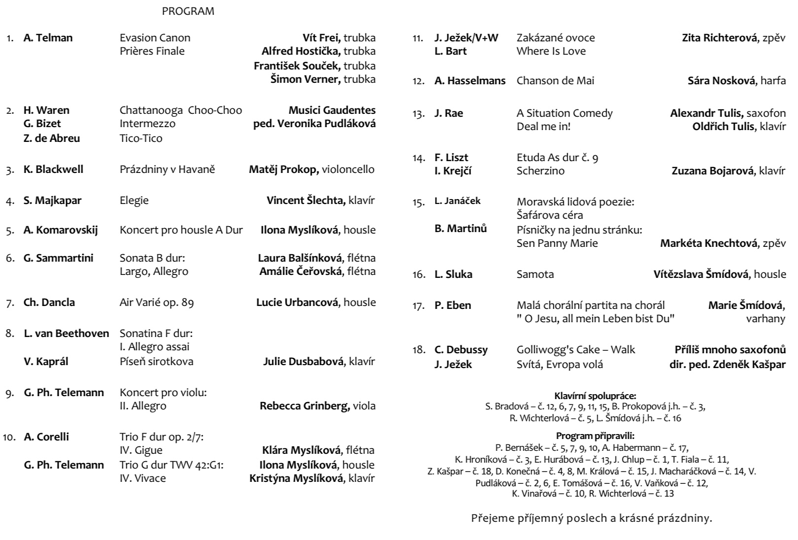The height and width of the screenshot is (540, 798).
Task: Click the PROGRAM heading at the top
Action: [x=188, y=11]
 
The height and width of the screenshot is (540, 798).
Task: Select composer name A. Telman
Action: [x=48, y=38]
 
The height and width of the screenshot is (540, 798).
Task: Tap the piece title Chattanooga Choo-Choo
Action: [x=181, y=110]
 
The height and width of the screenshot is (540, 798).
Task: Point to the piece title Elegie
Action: [x=134, y=201]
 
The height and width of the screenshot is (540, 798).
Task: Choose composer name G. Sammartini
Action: [x=58, y=258]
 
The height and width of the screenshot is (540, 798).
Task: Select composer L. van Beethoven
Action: [x=66, y=334]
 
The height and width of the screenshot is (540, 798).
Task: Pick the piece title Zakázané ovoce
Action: [x=555, y=38]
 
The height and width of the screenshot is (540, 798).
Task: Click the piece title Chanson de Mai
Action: [x=555, y=81]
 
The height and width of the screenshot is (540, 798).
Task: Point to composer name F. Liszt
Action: [x=451, y=158]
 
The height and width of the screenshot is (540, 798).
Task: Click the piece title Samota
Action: [x=535, y=274]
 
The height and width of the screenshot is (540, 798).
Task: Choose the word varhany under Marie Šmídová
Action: [x=765, y=319]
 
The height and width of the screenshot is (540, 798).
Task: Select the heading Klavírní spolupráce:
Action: [x=595, y=396]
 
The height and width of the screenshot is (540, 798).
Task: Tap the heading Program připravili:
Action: [x=595, y=436]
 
